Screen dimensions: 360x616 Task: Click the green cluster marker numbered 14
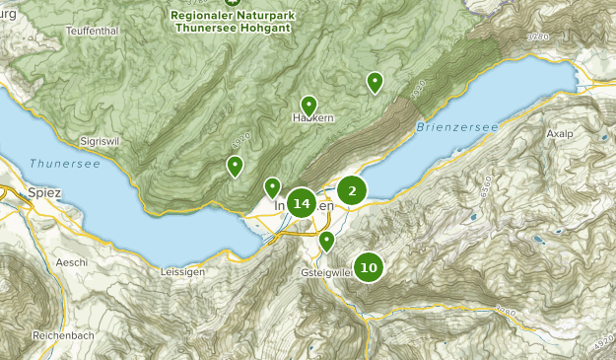tap(302, 203)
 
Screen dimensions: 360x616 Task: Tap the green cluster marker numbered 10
tap(369, 266)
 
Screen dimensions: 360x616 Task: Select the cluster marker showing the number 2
tap(352, 190)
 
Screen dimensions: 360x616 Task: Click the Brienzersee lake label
tap(457, 127)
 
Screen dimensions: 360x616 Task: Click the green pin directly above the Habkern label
tap(308, 106)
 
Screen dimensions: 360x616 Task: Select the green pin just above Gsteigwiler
tap(327, 241)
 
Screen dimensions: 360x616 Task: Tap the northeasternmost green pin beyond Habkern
tap(375, 82)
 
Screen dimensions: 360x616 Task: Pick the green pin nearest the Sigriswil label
tap(235, 166)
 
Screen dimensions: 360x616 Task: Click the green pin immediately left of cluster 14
tap(272, 186)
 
